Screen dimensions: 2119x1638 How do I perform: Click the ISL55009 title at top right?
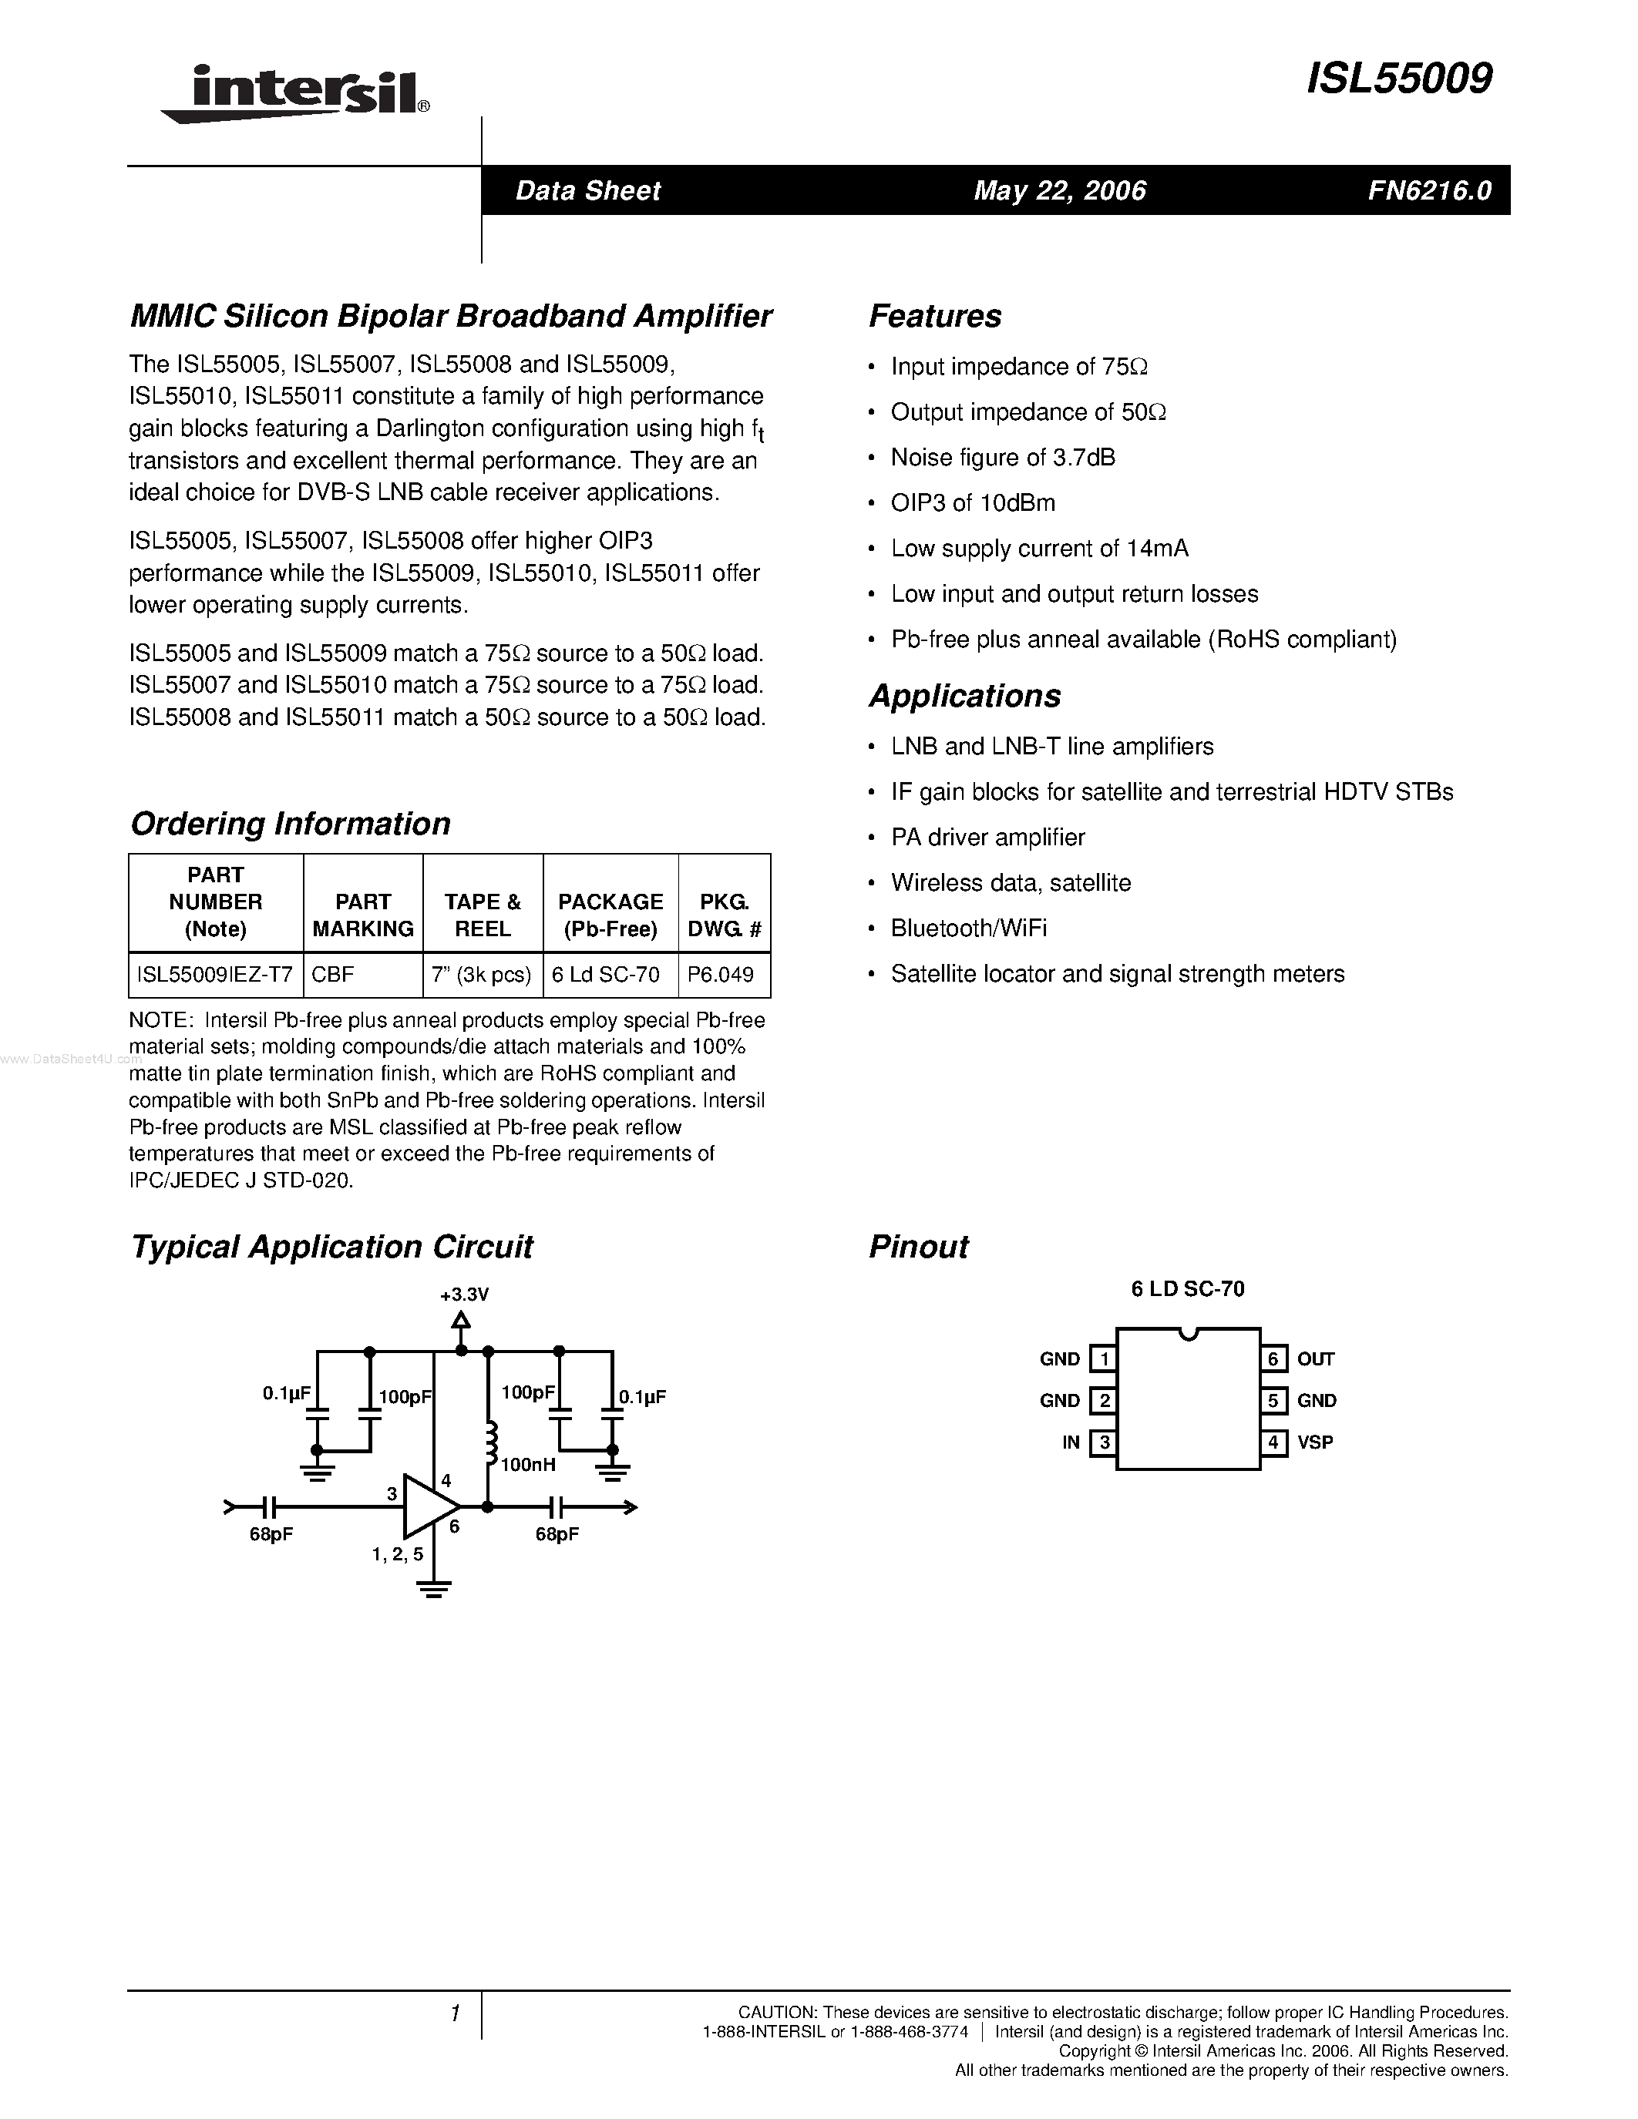1398,79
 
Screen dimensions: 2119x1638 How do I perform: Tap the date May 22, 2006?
1060,190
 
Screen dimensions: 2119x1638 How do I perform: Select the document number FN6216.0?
1429,190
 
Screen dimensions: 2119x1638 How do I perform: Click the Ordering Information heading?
290,824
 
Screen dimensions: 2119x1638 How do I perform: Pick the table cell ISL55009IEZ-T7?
214,974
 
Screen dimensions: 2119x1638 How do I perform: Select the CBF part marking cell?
333,974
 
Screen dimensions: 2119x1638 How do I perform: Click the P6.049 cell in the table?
720,974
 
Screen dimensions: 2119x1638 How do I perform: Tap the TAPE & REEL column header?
483,915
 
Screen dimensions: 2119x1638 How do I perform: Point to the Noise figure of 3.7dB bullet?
1002,457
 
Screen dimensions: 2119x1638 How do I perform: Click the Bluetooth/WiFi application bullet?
968,929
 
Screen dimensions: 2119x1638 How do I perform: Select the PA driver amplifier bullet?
988,838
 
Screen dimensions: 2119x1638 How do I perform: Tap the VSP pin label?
1315,1442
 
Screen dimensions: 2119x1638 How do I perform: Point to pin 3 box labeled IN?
1103,1442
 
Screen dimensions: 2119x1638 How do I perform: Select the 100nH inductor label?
528,1465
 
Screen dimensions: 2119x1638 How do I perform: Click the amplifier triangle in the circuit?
429,1506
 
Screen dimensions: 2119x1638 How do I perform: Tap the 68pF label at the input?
271,1535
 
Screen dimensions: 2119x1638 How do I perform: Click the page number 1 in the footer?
454,2013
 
